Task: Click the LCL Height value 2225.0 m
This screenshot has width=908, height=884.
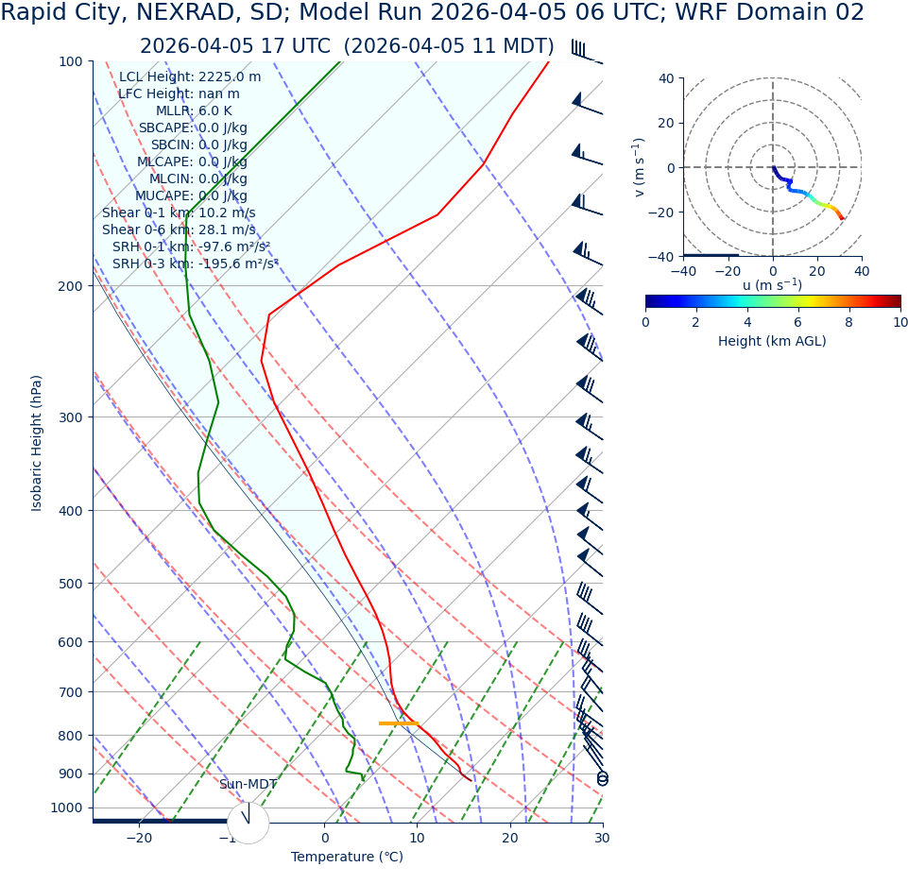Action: pos(230,77)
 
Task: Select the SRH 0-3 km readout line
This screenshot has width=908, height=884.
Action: pos(195,264)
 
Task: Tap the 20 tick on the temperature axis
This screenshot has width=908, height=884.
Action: pos(509,838)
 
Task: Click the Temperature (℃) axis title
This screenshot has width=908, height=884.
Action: pos(347,858)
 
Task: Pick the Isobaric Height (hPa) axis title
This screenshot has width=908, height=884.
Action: pos(37,443)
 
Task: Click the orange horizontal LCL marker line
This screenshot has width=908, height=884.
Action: pos(398,723)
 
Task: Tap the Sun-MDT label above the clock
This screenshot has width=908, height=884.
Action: pos(248,785)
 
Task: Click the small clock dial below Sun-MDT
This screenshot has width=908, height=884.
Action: pos(248,823)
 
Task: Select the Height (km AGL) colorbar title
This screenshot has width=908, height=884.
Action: pos(772,341)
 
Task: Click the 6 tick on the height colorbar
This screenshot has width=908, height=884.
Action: pos(798,322)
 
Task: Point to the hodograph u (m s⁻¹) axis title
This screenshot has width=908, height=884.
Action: pos(772,285)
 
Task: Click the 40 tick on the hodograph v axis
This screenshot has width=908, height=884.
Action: pos(665,78)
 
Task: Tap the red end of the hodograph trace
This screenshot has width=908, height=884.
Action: pos(842,219)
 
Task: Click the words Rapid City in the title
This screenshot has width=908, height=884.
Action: pos(59,13)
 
